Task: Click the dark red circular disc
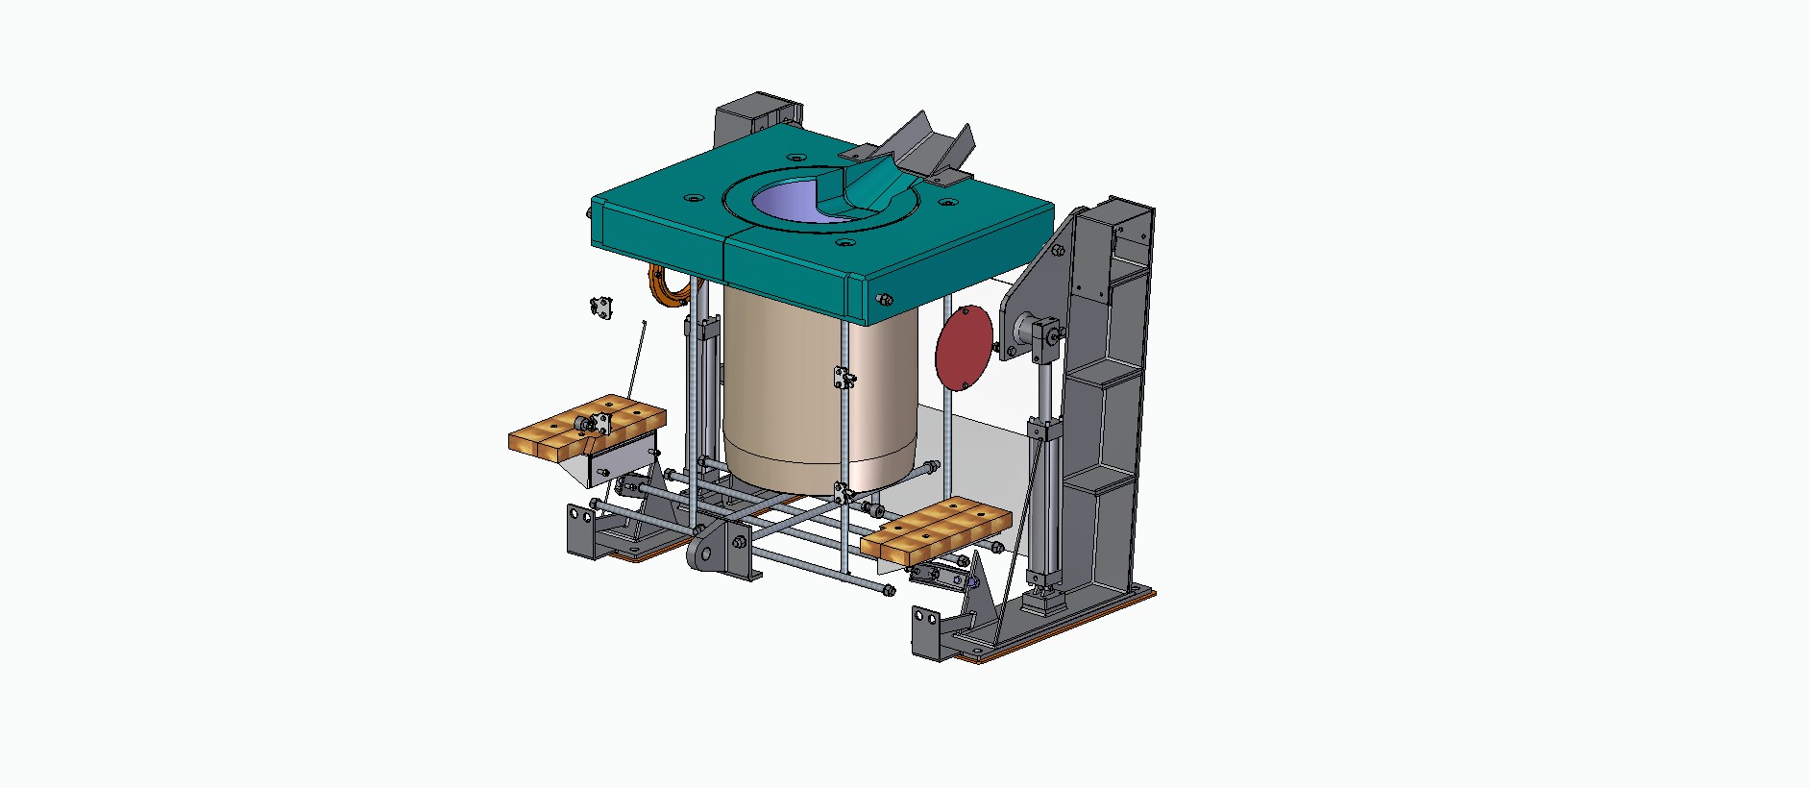pyautogui.click(x=964, y=347)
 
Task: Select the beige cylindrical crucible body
pyautogui.click(x=817, y=404)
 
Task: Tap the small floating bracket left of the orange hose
pyautogui.click(x=600, y=308)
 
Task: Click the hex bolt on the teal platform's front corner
pyautogui.click(x=884, y=300)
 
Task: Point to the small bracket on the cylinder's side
pyautogui.click(x=844, y=378)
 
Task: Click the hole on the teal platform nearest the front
pyautogui.click(x=844, y=243)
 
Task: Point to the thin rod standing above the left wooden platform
pyautogui.click(x=636, y=360)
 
